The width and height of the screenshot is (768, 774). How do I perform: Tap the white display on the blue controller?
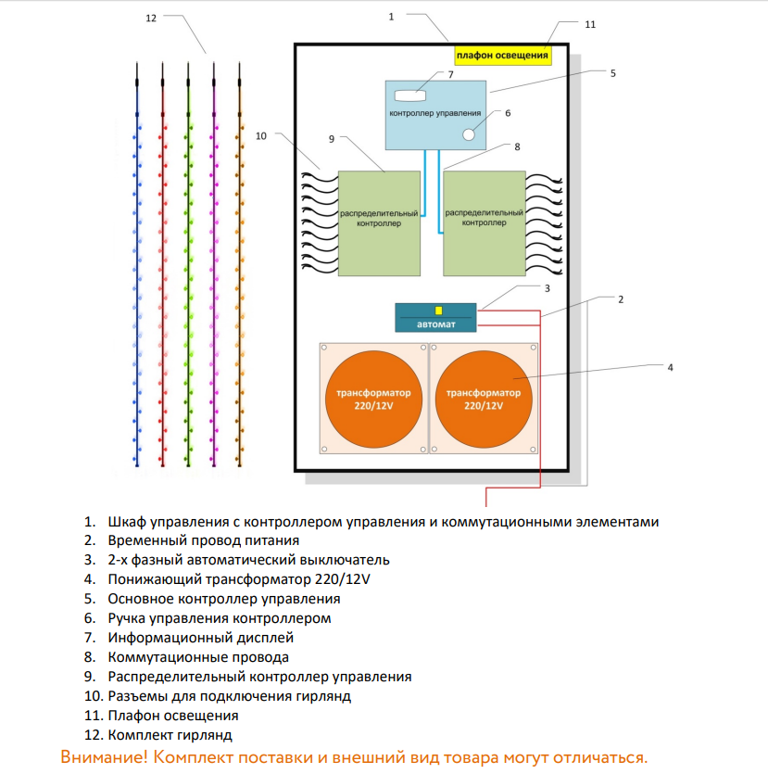point(410,95)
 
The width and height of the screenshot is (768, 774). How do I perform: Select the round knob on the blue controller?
point(470,134)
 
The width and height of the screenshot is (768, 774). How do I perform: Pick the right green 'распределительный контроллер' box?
point(484,222)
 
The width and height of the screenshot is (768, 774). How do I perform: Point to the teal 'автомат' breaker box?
point(435,317)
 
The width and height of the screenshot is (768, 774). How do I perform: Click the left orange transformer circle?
point(374,400)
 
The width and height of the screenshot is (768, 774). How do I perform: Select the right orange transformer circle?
point(483,400)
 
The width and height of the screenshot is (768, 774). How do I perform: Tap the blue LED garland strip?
point(137,269)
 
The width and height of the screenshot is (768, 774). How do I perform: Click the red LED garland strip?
point(163,269)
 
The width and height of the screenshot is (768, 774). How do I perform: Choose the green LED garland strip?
point(188,269)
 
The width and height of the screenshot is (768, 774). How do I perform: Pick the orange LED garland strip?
point(240,269)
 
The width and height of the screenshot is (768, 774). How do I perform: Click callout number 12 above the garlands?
point(152,19)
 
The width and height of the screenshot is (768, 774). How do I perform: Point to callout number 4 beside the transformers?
point(670,367)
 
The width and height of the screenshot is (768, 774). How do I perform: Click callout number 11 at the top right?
point(590,25)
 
